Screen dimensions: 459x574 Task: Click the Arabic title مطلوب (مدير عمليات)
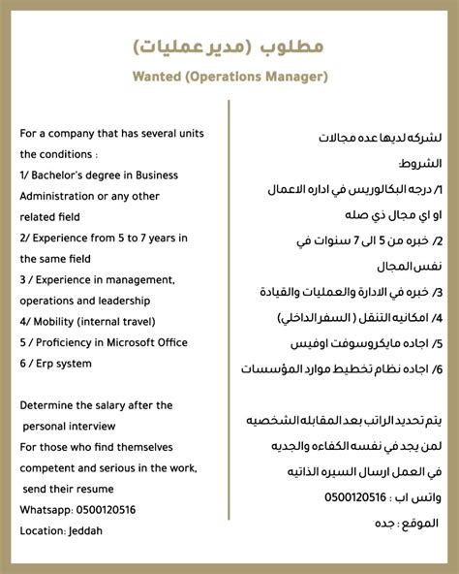(x=229, y=46)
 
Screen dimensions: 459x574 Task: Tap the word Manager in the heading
(x=291, y=76)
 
